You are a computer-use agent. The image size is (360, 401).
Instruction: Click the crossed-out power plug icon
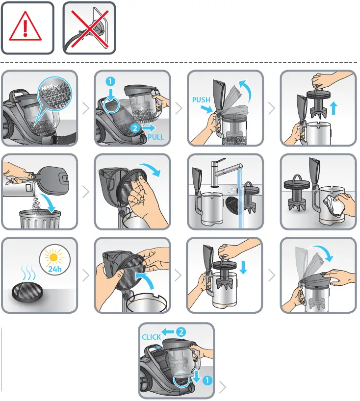89,28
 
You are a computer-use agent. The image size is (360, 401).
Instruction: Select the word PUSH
201,100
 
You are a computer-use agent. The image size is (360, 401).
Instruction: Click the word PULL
155,137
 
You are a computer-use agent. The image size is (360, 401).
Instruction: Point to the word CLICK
152,337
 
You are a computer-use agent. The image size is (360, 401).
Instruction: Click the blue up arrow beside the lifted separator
334,108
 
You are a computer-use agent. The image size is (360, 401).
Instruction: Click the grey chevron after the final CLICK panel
223,387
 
